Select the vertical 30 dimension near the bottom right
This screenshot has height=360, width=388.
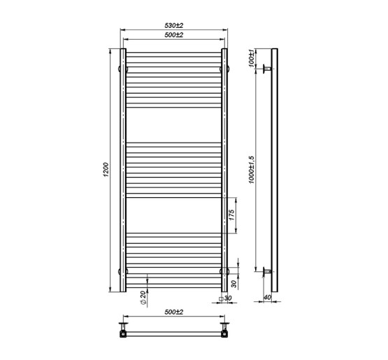(233, 284)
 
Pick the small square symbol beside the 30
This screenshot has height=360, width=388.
(222, 298)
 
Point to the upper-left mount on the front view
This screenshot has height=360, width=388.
(124, 69)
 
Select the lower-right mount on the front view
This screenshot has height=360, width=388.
(224, 271)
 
